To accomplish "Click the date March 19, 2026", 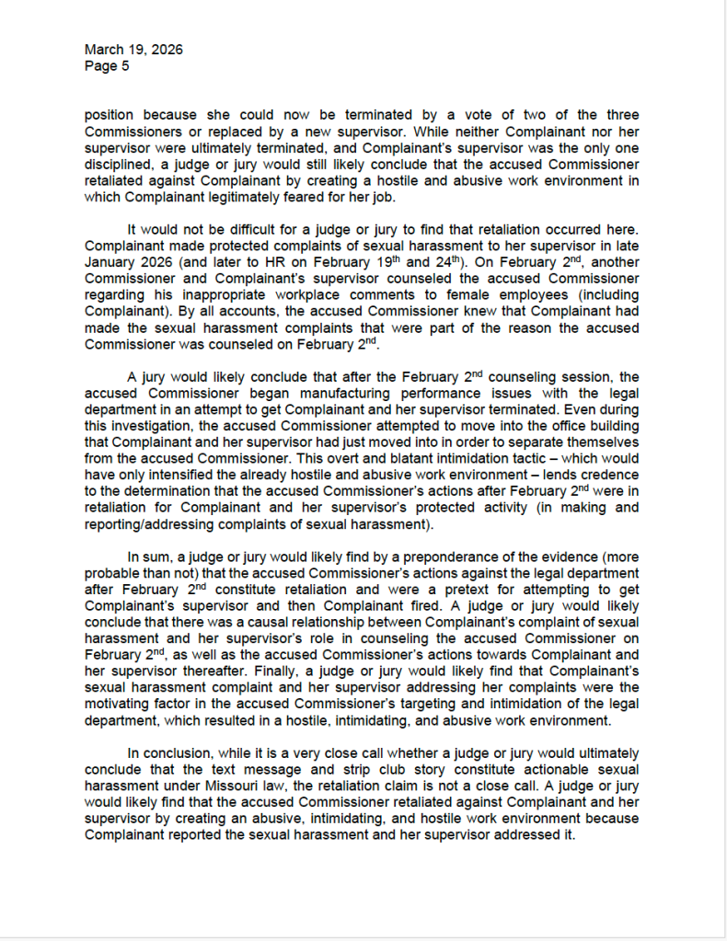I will click(x=133, y=50).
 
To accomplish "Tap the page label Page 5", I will click(x=107, y=66).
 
